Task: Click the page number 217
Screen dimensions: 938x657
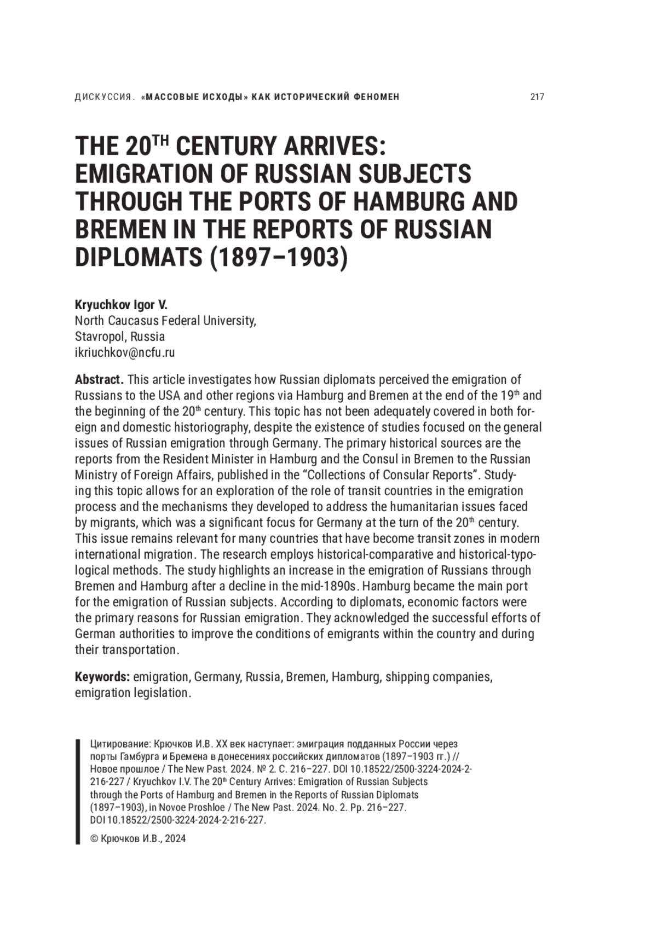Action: coord(537,97)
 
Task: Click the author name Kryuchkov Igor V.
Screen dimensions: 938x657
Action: coord(121,305)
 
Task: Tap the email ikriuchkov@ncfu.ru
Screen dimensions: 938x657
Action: coord(125,352)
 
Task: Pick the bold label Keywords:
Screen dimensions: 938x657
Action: coord(102,677)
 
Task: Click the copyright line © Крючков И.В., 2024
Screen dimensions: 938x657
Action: coord(137,838)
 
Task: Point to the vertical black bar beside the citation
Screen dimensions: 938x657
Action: coord(78,791)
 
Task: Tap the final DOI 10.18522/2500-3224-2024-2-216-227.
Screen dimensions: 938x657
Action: coord(178,820)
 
